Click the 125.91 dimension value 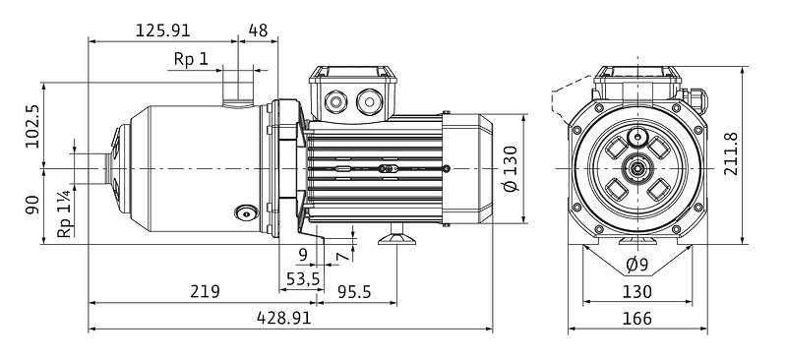[x=163, y=30]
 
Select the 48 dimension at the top [x=258, y=30]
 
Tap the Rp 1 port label [x=191, y=59]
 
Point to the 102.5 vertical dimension [x=33, y=126]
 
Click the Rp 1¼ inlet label [x=65, y=213]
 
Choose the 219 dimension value [x=205, y=291]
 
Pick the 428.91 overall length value [x=284, y=318]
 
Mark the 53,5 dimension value [x=303, y=277]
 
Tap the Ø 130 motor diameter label [x=511, y=169]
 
